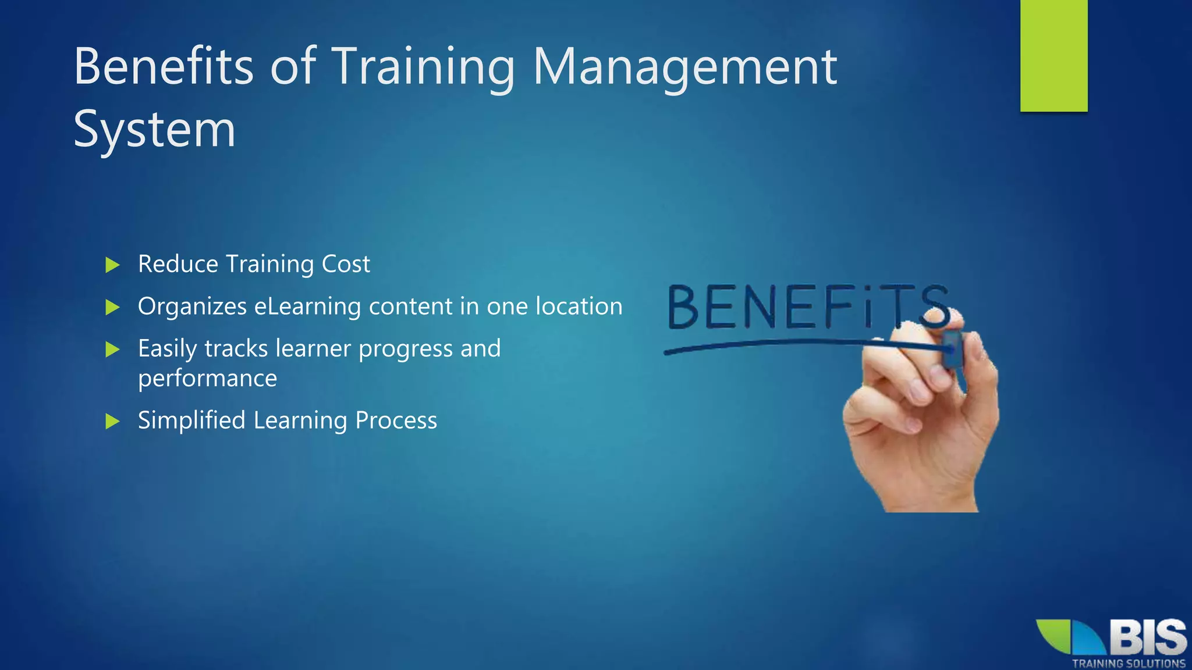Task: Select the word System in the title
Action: (154, 129)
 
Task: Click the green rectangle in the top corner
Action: (1053, 55)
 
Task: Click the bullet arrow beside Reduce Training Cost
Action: (112, 265)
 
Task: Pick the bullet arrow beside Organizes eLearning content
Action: (112, 307)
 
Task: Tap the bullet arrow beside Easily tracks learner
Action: (112, 350)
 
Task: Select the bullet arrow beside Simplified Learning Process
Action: (112, 421)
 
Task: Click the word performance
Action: (207, 379)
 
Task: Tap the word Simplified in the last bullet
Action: (191, 420)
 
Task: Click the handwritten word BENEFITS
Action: (806, 307)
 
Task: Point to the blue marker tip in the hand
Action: (952, 349)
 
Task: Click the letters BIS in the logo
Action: (1147, 637)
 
